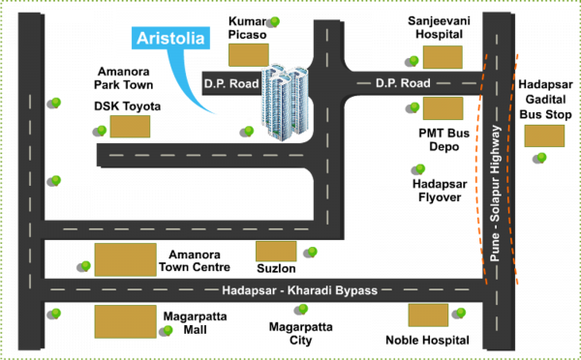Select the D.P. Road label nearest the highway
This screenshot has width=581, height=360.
click(402, 83)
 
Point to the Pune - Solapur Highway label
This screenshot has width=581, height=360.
click(495, 195)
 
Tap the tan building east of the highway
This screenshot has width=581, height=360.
click(544, 135)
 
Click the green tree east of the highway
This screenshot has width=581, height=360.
click(542, 158)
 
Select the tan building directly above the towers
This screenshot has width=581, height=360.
click(248, 53)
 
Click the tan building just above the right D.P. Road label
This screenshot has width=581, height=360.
click(443, 56)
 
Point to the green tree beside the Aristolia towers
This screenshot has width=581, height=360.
click(250, 131)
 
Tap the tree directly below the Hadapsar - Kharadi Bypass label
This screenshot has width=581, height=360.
click(303, 310)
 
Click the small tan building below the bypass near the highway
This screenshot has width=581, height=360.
click(428, 315)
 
